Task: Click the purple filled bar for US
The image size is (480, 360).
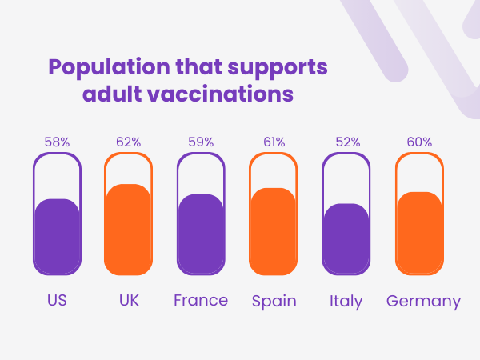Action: point(57,236)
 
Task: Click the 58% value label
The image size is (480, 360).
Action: point(57,142)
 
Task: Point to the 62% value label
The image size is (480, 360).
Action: point(128,142)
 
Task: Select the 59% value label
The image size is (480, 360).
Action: point(201,142)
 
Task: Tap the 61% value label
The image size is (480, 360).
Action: point(273,142)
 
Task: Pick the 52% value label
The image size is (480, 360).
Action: point(346,142)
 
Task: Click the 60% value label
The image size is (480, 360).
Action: point(419,142)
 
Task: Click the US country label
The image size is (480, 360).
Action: point(57,301)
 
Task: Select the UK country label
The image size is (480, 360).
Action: point(128,301)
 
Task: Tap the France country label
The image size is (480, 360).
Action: point(201,301)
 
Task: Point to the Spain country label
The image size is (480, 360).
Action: point(274,302)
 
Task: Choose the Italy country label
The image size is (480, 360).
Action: point(346,302)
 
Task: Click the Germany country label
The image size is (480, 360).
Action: point(423,302)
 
